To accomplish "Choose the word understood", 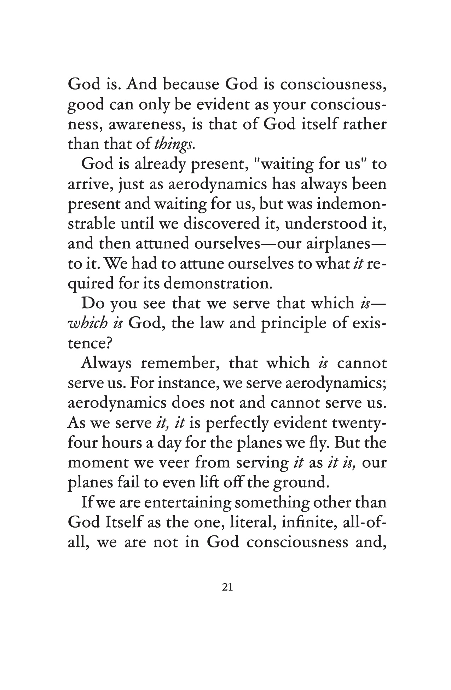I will tap(327, 224).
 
